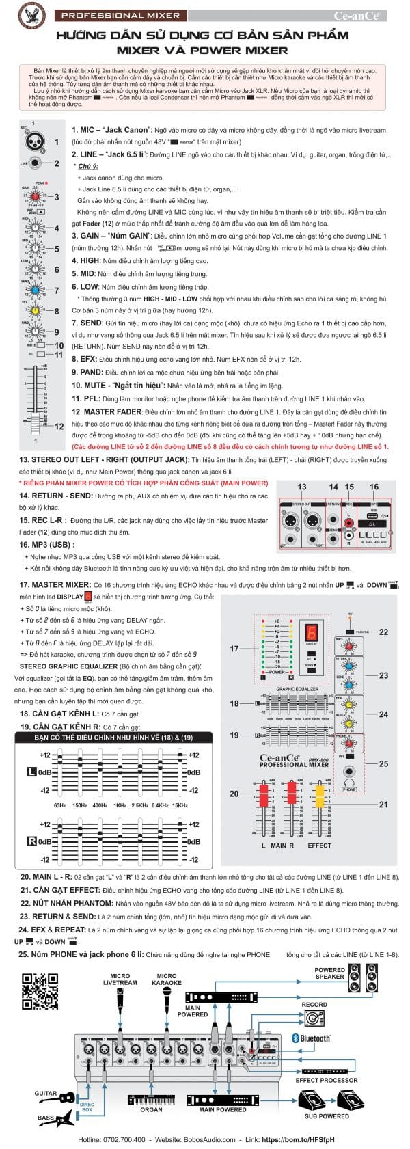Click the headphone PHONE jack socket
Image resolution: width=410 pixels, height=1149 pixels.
349,772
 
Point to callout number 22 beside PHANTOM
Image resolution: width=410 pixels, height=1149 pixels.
383,632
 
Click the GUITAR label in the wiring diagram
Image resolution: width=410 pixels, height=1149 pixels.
46,1093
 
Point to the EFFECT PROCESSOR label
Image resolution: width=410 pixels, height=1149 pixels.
326,1080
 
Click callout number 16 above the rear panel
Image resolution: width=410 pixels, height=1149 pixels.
374,487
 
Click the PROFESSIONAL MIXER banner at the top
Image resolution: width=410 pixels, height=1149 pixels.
120,15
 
